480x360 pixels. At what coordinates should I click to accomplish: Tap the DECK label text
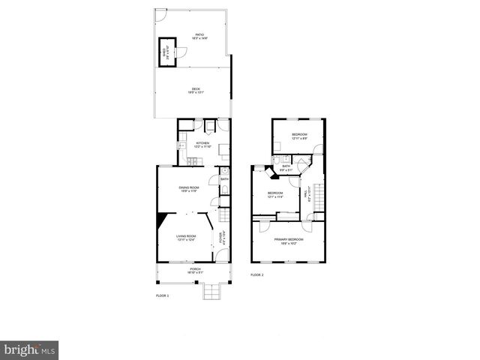coord(195,90)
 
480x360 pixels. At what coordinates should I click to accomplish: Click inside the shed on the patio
coord(166,52)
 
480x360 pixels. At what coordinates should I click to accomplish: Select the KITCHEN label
coord(202,143)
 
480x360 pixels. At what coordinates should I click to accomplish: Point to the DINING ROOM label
coord(189,187)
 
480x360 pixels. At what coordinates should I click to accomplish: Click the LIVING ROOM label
coord(186,237)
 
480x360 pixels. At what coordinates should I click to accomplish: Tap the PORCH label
coord(195,268)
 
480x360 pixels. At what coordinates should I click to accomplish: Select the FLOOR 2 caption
coord(256,275)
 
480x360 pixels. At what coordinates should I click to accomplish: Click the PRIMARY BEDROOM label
coord(289,241)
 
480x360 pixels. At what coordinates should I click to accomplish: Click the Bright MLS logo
coord(30,349)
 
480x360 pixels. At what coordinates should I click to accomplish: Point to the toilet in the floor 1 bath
coord(224,199)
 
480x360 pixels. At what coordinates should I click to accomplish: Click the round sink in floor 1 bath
coord(224,171)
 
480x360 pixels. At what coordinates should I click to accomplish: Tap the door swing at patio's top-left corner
coord(160,15)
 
